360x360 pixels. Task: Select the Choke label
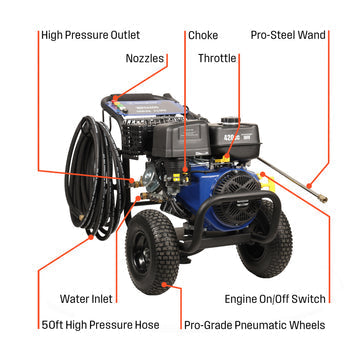tap(203, 34)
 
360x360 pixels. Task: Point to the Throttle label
tap(218, 59)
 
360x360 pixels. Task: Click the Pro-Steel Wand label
tap(289, 34)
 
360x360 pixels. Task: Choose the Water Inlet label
tap(87, 298)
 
